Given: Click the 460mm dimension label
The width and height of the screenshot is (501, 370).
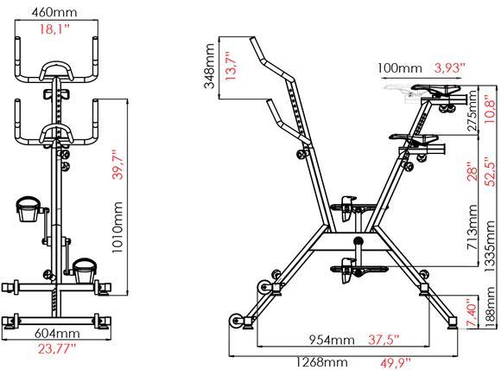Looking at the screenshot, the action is [x=54, y=12].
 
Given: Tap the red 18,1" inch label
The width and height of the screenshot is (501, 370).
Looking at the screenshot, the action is [x=54, y=29].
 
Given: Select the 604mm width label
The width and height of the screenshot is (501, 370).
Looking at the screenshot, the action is [x=57, y=334].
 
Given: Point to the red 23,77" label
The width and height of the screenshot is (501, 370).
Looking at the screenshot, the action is [x=57, y=348].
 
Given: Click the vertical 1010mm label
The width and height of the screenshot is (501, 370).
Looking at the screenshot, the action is [x=117, y=227].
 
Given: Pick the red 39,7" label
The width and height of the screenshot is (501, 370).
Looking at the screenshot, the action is [x=117, y=167].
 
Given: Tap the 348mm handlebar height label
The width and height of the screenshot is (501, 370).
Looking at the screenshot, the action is [x=209, y=66].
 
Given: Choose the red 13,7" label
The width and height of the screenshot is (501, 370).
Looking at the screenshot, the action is [x=231, y=66].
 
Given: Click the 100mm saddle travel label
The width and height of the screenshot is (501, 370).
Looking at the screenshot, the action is [x=399, y=68].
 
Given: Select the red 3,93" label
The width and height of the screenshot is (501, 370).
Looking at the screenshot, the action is [x=449, y=67].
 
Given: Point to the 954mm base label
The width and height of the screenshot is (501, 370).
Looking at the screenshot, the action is [x=332, y=340].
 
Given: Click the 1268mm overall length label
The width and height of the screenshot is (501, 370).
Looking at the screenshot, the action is [x=320, y=362].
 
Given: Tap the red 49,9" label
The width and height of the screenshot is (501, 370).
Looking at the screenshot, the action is [x=396, y=363].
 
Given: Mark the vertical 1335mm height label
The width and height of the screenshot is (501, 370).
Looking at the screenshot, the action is [x=490, y=246].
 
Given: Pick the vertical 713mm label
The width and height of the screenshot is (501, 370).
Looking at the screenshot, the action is [x=472, y=227].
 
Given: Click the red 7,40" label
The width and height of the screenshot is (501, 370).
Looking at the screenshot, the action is [x=472, y=312].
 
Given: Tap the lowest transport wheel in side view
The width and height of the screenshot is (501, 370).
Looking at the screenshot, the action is [x=237, y=321].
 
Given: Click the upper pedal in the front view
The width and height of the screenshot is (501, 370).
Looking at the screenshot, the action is [x=29, y=209].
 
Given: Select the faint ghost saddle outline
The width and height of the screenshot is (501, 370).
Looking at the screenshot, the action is [x=399, y=92].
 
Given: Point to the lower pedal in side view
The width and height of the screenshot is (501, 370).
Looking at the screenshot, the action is [x=358, y=271].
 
